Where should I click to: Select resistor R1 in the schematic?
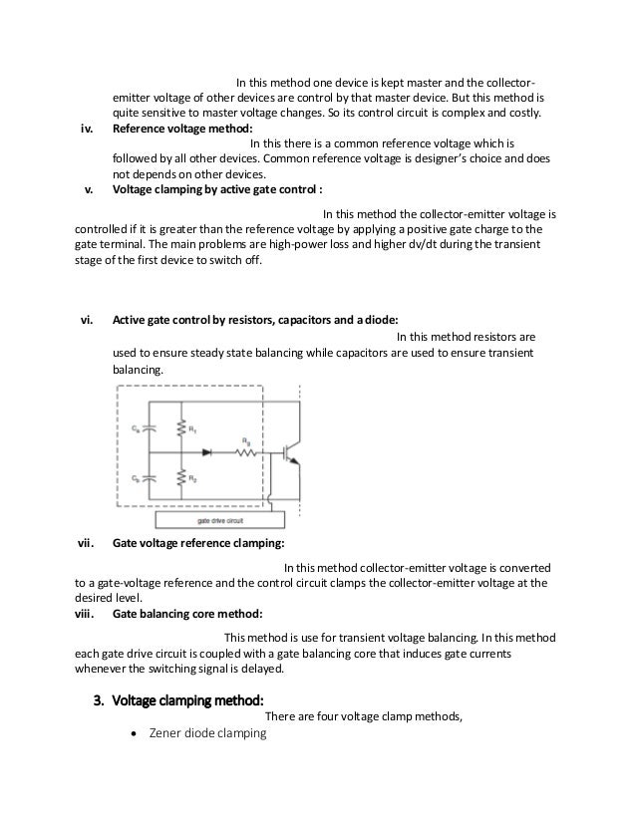tap(180, 429)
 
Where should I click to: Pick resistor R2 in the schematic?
tap(180, 478)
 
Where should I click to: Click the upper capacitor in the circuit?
tap(148, 428)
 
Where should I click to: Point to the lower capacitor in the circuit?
tap(148, 477)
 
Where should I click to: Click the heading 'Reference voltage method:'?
tap(182, 129)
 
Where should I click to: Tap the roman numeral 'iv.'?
tap(86, 129)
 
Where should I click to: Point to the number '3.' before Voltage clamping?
tap(99, 699)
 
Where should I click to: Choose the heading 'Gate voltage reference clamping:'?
tap(198, 544)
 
